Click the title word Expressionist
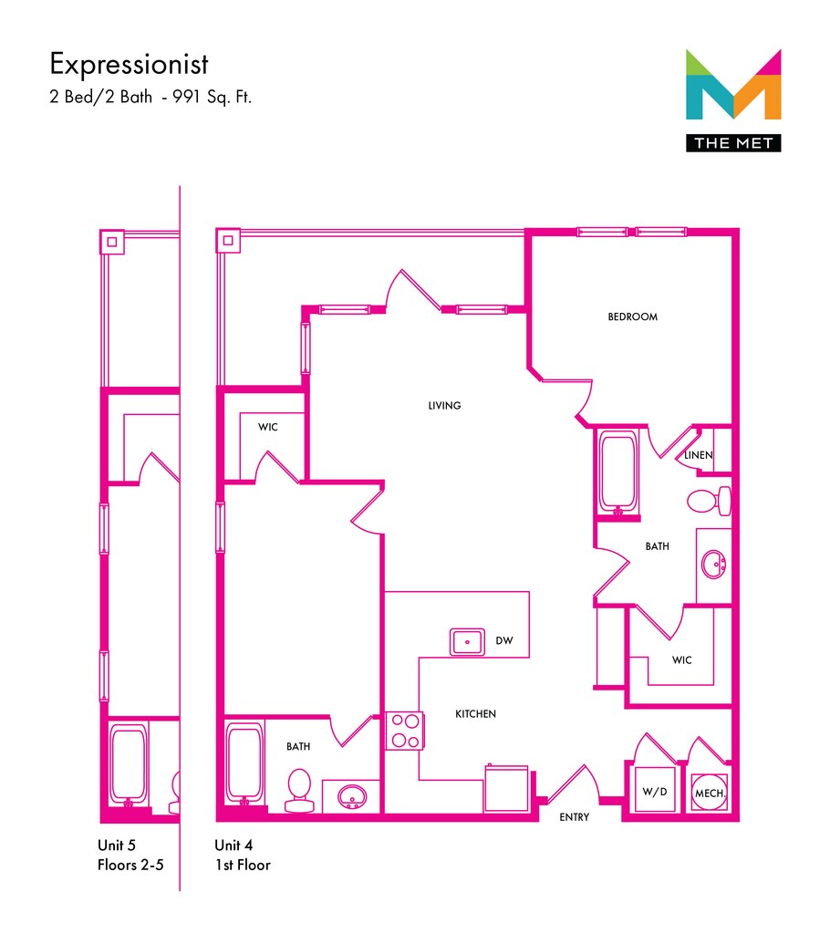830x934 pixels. click(x=129, y=65)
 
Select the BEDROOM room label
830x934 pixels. click(x=632, y=317)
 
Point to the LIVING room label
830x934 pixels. click(x=444, y=406)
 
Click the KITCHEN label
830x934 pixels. click(x=475, y=714)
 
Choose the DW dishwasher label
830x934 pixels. click(x=504, y=641)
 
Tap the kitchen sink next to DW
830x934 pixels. click(x=468, y=641)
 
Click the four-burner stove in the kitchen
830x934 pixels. click(x=404, y=730)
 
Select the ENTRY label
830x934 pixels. click(x=574, y=817)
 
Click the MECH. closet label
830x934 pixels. click(x=711, y=794)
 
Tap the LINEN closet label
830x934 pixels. click(x=700, y=455)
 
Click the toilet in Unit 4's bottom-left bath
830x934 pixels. click(x=298, y=789)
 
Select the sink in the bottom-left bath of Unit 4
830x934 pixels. click(x=352, y=796)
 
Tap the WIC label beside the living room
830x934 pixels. click(x=267, y=427)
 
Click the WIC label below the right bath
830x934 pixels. click(x=680, y=659)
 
